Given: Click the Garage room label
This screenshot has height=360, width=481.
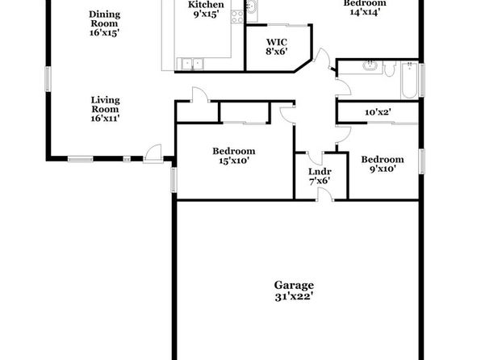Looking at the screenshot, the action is click(x=294, y=291).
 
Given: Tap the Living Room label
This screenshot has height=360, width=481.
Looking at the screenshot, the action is click(x=105, y=109).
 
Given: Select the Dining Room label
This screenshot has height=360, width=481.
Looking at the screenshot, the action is click(x=105, y=23).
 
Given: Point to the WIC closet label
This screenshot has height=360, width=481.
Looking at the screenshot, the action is click(x=277, y=47).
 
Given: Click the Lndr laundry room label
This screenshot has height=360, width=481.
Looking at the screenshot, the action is click(x=320, y=176).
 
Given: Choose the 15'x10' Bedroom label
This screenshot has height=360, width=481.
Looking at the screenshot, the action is click(x=234, y=156).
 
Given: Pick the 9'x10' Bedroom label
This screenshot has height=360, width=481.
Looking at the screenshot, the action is click(x=383, y=164).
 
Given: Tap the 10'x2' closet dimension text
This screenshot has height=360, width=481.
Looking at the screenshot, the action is click(x=378, y=112).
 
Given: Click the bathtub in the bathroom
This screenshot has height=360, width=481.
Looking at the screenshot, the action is click(x=409, y=80).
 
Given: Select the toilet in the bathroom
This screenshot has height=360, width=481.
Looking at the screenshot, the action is click(x=390, y=69).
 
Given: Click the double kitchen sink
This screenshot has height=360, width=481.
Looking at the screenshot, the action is click(x=192, y=64).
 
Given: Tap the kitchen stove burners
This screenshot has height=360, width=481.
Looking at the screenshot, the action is click(x=237, y=17).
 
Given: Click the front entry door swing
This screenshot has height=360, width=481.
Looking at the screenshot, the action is click(x=153, y=153).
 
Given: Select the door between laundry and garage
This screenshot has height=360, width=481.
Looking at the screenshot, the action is click(x=325, y=195).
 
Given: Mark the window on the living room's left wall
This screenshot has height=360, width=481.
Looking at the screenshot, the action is click(x=48, y=79).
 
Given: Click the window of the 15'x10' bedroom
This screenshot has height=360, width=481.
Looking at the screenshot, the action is click(x=174, y=179).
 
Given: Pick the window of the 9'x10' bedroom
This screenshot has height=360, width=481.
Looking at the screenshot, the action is click(x=422, y=161).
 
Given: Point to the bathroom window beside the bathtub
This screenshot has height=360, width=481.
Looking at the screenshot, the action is click(x=422, y=80).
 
